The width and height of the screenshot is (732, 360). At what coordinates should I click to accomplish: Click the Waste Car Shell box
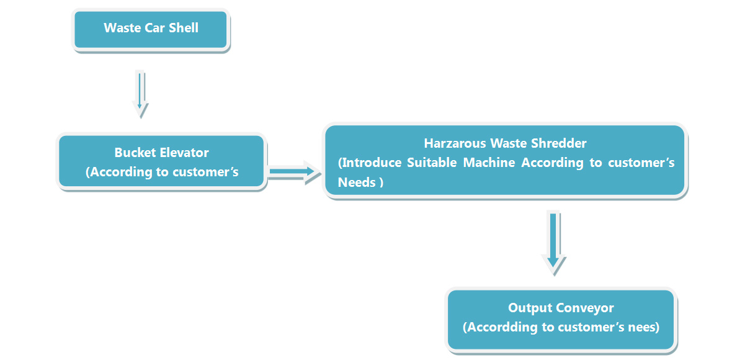pyautogui.click(x=151, y=30)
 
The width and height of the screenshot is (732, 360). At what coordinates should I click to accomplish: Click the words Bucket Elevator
pyautogui.click(x=161, y=153)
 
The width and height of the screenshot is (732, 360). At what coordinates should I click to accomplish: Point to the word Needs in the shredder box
pyautogui.click(x=356, y=182)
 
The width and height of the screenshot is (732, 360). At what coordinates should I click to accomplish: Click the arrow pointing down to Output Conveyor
pyautogui.click(x=554, y=240)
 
